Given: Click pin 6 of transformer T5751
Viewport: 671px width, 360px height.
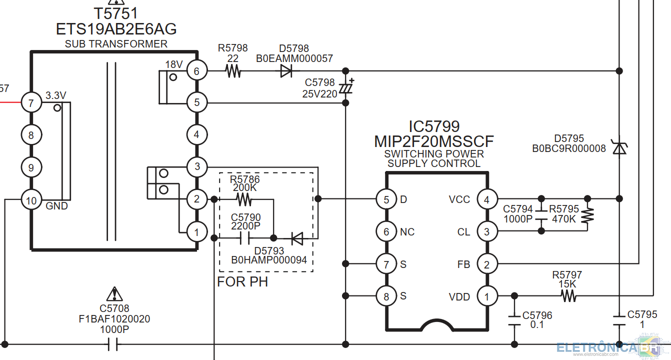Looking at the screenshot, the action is tap(197, 71).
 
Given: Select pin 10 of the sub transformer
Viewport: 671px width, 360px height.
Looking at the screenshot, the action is tap(31, 200).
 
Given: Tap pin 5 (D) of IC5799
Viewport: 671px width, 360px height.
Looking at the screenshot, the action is tap(386, 199).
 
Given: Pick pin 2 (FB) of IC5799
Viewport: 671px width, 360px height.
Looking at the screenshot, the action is tap(487, 264).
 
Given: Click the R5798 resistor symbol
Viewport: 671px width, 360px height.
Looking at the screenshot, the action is tap(233, 71).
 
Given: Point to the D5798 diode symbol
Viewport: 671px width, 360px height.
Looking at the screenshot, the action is tap(286, 71).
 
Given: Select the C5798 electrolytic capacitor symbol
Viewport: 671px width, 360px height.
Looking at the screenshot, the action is tap(346, 87).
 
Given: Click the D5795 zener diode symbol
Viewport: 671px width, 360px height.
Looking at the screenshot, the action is tap(619, 147).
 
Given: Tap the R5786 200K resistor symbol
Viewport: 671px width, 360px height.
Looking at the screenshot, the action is tap(244, 199).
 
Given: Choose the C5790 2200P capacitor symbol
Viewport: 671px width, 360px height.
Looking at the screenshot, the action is tap(245, 238).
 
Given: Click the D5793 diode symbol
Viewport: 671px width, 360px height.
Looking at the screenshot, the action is tap(297, 238).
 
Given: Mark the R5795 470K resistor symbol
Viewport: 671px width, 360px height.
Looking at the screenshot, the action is tap(587, 215).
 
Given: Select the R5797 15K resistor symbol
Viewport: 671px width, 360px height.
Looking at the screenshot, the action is tap(568, 296).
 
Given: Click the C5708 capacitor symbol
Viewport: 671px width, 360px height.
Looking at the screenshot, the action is tap(113, 344).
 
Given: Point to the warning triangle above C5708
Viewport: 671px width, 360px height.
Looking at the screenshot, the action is tap(114, 294).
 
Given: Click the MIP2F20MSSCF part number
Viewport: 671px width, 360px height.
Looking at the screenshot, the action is tap(434, 141).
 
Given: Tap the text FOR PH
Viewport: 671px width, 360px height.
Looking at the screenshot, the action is tap(242, 282).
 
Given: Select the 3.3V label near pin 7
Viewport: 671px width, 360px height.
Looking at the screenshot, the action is tap(55, 95).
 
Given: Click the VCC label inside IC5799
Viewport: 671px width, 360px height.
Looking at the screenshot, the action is tap(459, 199).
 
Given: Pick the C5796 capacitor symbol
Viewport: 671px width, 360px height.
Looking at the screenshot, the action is tap(514, 320).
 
